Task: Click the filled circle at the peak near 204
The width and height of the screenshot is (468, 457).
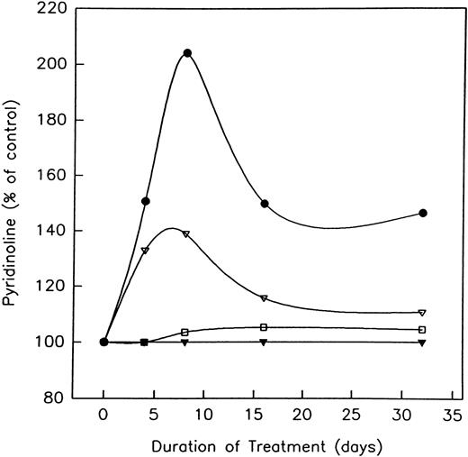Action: (x=187, y=53)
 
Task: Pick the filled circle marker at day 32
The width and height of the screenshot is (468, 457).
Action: (x=423, y=213)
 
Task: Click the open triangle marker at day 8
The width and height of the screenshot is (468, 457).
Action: (x=186, y=234)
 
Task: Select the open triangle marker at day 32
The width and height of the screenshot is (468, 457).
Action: (x=423, y=313)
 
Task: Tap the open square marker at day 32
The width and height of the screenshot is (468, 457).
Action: (x=423, y=329)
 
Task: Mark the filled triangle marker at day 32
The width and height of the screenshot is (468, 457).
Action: (x=423, y=343)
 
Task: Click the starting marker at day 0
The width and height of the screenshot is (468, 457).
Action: (x=104, y=342)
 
